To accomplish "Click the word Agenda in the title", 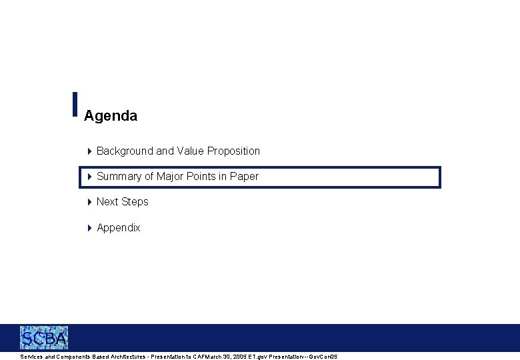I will (x=111, y=116).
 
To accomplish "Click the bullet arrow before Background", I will (x=90, y=151).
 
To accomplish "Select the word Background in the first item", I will (x=125, y=151).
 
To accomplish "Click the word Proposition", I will (x=233, y=151).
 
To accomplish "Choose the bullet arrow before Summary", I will (x=90, y=177).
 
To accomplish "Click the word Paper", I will (x=244, y=177).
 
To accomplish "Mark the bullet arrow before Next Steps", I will (x=90, y=202).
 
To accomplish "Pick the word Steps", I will (x=135, y=202).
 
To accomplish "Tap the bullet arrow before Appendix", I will (x=90, y=228).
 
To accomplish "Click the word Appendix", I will (x=119, y=228).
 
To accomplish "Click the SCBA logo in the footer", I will (x=44, y=338).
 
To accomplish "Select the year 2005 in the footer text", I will (x=238, y=357).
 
